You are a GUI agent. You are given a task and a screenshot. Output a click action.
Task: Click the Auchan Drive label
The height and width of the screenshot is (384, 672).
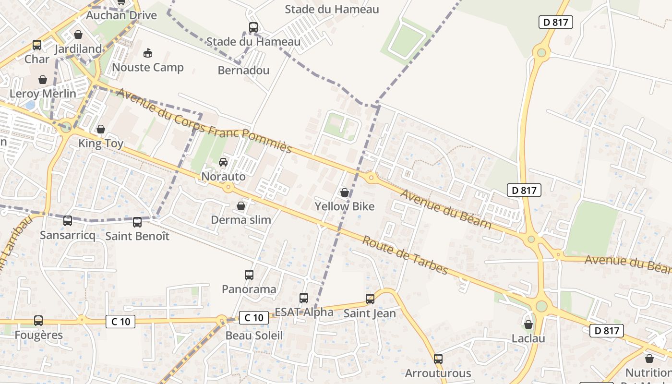[121, 15]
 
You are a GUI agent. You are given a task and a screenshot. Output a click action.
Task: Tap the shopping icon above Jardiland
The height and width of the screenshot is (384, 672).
[78, 35]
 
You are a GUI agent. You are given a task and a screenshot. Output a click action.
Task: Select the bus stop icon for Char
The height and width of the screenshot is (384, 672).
[37, 46]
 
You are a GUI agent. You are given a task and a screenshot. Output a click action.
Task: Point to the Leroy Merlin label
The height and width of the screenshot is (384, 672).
[43, 94]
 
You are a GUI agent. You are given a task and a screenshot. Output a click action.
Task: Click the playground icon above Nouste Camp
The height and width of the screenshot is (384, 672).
[148, 53]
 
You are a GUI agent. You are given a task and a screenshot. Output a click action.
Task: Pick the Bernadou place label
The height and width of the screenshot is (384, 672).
[243, 71]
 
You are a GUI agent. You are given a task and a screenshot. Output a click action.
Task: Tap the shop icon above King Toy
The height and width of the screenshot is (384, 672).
[101, 129]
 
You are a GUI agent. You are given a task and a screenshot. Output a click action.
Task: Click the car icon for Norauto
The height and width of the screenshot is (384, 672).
[223, 162]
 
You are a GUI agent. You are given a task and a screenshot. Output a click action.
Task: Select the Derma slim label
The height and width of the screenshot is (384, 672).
[241, 220]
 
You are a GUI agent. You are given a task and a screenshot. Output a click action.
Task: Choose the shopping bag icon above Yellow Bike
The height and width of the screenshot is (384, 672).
[345, 192]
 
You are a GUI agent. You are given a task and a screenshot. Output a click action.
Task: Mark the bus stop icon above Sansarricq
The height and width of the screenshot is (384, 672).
[68, 221]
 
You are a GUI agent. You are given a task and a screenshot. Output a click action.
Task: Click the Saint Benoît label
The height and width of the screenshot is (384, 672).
[137, 236]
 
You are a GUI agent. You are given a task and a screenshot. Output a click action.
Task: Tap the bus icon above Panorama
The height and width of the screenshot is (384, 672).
[249, 275]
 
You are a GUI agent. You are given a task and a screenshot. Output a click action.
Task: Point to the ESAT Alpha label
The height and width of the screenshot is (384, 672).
[304, 312]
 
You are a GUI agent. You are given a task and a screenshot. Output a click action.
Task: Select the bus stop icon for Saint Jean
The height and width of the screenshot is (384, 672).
[370, 299]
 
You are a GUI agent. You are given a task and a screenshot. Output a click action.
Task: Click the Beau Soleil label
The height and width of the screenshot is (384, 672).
[254, 336]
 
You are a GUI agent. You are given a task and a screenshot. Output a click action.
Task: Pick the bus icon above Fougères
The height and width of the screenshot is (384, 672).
[38, 321]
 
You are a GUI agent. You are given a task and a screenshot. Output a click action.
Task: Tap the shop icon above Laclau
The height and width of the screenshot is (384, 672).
[528, 324]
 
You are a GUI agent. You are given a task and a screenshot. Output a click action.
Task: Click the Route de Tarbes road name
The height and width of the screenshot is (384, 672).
[405, 255]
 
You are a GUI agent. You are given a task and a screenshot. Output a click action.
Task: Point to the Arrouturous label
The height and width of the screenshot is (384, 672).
[438, 373]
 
